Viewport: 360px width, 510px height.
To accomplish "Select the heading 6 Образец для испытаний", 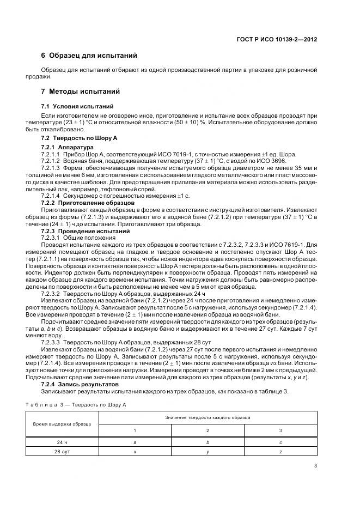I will pos(89,56).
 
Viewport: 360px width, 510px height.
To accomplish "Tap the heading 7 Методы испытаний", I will pos(81,91).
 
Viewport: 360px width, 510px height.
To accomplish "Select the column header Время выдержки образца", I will pos(62,423).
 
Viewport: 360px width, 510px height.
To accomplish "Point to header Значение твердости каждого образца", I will pos(208,417).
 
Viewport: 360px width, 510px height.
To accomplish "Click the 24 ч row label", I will pos(62,443).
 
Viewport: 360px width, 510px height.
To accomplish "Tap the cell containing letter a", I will pos(135,443).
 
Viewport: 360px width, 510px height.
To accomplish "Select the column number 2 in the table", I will pos(208,430).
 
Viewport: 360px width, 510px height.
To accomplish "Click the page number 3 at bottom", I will pos(315,465).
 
